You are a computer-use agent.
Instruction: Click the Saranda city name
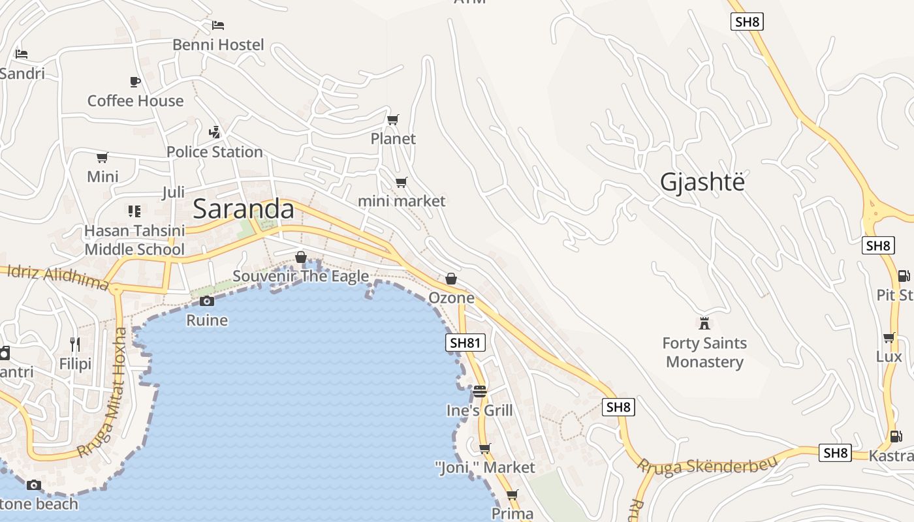point(244,209)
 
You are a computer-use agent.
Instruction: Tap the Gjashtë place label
point(702,182)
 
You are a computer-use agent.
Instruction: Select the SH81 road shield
point(465,343)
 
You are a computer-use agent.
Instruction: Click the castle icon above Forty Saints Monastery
point(704,323)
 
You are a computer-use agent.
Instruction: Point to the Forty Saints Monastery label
point(704,352)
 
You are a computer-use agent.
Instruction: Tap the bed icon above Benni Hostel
point(218,25)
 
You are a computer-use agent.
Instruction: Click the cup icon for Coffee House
point(135,82)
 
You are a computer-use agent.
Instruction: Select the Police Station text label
point(214,152)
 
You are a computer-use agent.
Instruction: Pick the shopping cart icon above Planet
point(392,119)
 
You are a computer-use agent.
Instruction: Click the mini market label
point(402,201)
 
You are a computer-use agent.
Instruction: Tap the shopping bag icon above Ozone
point(450,279)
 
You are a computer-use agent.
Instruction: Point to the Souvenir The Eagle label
point(301,276)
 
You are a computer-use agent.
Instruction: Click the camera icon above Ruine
point(207,301)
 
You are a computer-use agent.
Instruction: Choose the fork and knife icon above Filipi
point(75,344)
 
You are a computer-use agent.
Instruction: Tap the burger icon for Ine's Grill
point(480,391)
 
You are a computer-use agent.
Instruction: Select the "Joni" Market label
point(484,468)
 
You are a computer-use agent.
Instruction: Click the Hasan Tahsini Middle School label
point(134,240)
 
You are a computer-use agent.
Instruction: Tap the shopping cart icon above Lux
point(889,337)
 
